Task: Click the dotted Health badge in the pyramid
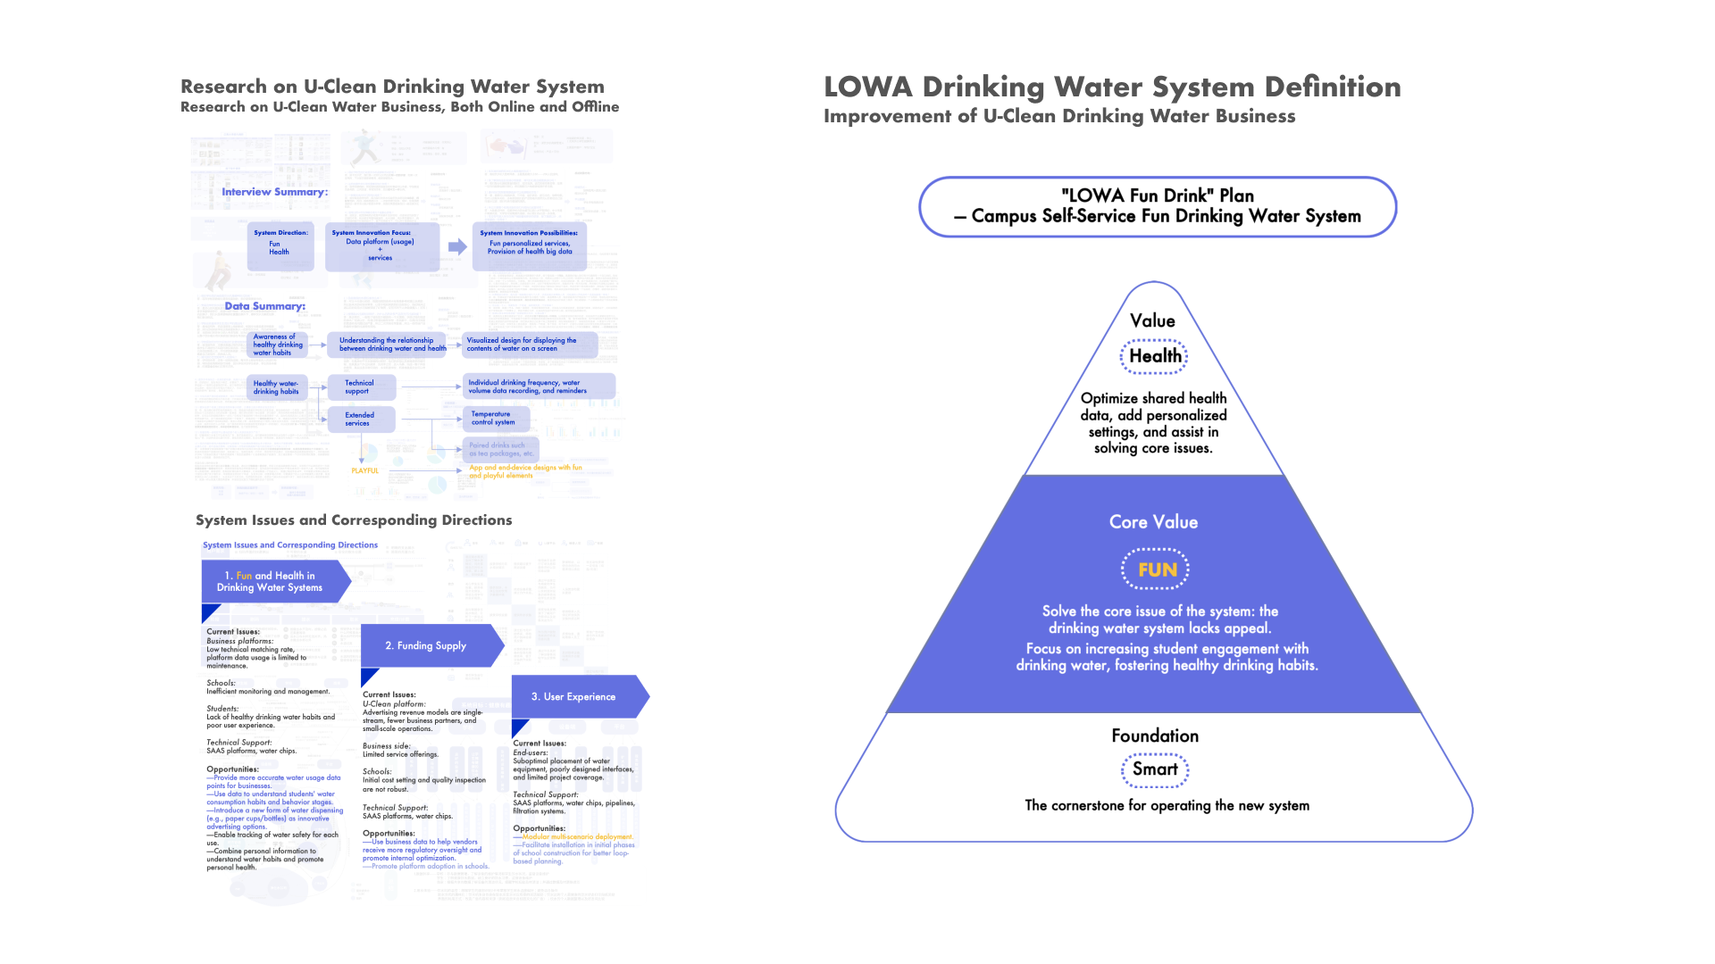[x=1154, y=356]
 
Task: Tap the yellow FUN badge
[x=1156, y=569]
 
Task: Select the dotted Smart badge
[x=1155, y=769]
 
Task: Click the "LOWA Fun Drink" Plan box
[x=1157, y=206]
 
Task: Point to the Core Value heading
[x=1153, y=522]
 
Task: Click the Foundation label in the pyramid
[x=1155, y=735]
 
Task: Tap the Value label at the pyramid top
[x=1152, y=320]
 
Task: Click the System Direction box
[x=280, y=245]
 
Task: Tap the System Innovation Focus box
[x=381, y=246]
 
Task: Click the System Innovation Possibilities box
[x=529, y=246]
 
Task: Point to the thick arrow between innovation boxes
[x=457, y=247]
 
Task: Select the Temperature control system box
[x=496, y=419]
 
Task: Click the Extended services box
[x=360, y=419]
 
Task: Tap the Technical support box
[x=360, y=387]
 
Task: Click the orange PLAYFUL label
[x=364, y=470]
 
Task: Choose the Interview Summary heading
[x=274, y=192]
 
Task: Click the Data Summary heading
[x=264, y=306]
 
